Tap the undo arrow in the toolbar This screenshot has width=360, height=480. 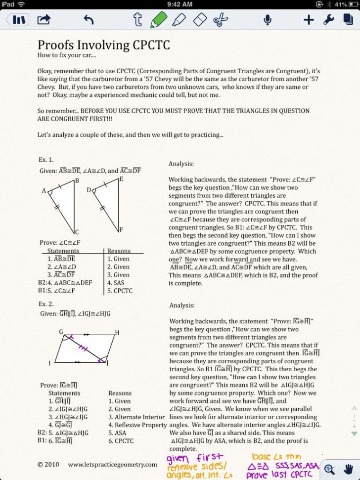(89, 20)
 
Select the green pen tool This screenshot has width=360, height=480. (157, 20)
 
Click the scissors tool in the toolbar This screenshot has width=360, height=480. (221, 20)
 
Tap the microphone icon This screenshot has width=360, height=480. (268, 20)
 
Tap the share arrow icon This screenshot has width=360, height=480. (44, 20)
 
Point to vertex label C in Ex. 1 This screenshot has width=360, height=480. (77, 232)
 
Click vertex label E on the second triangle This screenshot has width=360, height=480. (121, 179)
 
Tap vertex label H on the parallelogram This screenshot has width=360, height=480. (117, 333)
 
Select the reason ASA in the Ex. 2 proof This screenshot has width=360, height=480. (114, 433)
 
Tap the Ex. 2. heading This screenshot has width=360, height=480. (46, 304)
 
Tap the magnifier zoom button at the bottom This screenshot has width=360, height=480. (330, 469)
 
